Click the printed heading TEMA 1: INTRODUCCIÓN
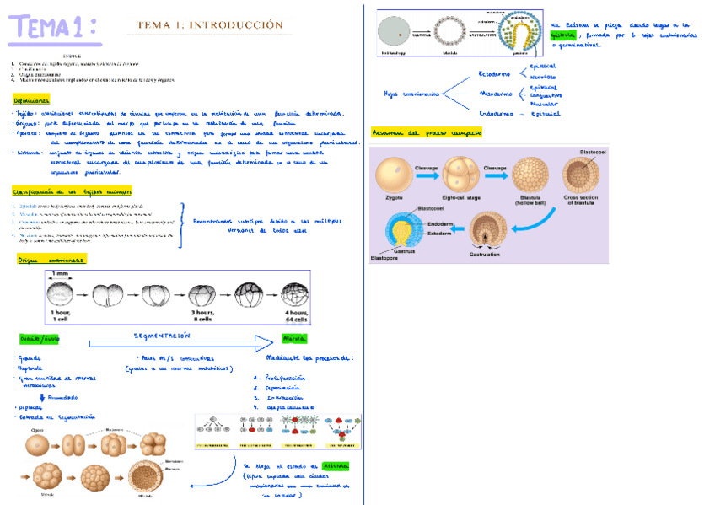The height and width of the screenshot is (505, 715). point(210,25)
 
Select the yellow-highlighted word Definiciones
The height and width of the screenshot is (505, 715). point(31,99)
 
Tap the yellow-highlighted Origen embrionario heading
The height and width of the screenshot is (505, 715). point(51,261)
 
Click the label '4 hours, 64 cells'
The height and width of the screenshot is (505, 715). point(293,315)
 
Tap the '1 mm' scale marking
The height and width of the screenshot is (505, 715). point(60,274)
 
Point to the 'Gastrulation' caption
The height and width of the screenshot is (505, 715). point(484,253)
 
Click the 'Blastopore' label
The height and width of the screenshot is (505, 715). point(384,258)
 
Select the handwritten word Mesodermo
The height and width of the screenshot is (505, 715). point(496,94)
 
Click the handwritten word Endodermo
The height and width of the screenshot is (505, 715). point(496,113)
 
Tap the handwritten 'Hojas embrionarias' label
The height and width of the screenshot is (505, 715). point(411,94)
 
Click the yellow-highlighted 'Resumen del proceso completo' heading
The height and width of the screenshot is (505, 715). point(427,133)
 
